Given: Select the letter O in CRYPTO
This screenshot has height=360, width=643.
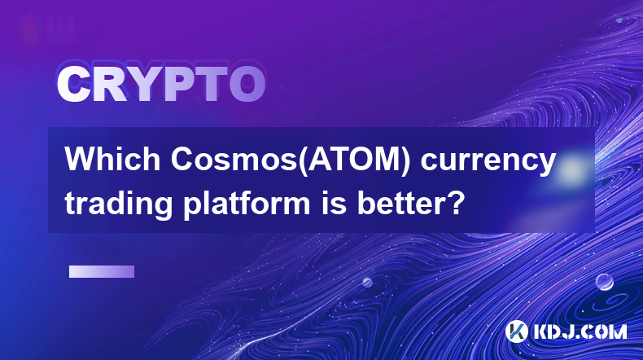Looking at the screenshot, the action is [x=247, y=85].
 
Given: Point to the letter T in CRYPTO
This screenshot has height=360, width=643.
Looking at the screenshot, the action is [x=211, y=85].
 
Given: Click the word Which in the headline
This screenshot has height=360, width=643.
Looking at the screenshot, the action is [x=113, y=159].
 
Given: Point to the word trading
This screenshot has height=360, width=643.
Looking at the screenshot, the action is [x=119, y=204].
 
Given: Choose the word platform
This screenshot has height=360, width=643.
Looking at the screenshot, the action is [x=247, y=204].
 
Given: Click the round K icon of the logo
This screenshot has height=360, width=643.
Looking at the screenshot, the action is [x=517, y=331].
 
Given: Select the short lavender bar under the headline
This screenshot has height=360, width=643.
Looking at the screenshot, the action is [x=102, y=271].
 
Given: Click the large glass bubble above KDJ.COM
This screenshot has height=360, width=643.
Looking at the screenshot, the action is [x=605, y=282].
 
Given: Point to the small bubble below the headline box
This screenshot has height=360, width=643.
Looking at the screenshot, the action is [x=367, y=282].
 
